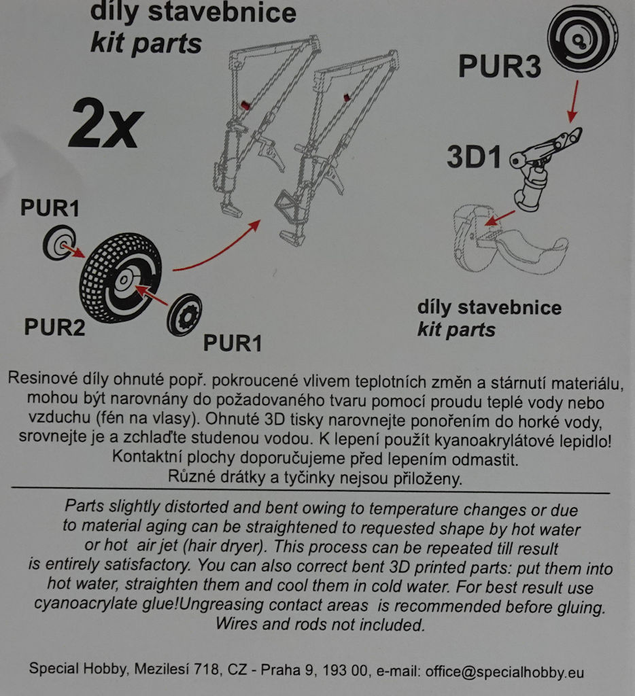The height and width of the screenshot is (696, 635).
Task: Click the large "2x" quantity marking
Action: pos(105,124)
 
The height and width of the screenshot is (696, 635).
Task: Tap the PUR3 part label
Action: pos(500,67)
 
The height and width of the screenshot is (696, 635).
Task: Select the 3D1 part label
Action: pos(474,157)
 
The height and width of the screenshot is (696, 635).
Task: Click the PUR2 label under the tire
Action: pos(54,327)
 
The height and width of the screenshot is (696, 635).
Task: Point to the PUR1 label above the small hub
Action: pos(50,208)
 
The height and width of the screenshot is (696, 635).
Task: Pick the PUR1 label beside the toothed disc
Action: pos(233,343)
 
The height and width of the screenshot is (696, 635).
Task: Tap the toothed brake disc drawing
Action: pos(184,315)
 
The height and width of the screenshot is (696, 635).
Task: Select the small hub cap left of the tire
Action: pos(59,243)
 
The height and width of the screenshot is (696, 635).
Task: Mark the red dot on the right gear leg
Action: pos(345,97)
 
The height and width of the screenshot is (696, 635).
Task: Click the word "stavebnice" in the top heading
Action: pos(222,12)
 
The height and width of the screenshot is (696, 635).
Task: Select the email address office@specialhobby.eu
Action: pos(504,672)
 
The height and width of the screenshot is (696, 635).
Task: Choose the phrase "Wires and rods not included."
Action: pos(320,624)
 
